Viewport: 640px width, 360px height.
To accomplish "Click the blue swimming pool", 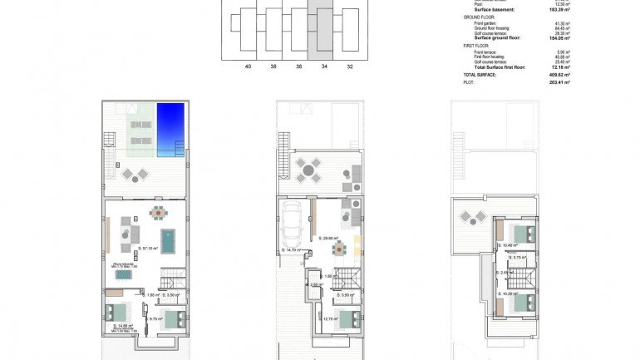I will pos(171,128).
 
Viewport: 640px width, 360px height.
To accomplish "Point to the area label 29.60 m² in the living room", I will pos(328,238).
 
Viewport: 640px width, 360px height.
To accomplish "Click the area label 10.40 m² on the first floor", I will pos(507,245).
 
